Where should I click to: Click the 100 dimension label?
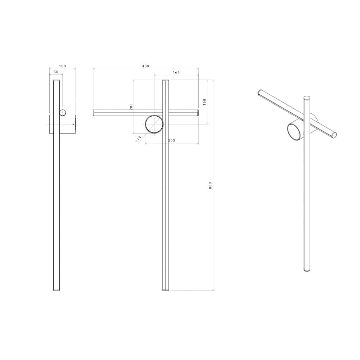point(62,66)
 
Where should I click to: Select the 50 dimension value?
point(56,72)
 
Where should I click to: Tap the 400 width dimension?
point(145,66)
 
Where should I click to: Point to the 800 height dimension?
point(211,185)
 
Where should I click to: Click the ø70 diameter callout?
point(138,139)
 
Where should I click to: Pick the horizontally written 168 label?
point(176,72)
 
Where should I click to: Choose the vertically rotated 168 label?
point(204,102)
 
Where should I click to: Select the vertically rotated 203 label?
point(131,107)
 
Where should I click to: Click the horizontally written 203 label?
point(171,140)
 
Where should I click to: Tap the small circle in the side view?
point(63,113)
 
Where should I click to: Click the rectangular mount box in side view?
point(67,124)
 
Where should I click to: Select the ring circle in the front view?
point(154,124)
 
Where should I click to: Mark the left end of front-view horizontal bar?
point(94,113)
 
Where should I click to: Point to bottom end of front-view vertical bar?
point(166,289)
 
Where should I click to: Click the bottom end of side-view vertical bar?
point(57,289)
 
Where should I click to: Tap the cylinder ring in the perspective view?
point(294,131)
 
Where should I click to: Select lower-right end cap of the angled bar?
point(334,135)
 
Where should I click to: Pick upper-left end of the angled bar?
point(260,92)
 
